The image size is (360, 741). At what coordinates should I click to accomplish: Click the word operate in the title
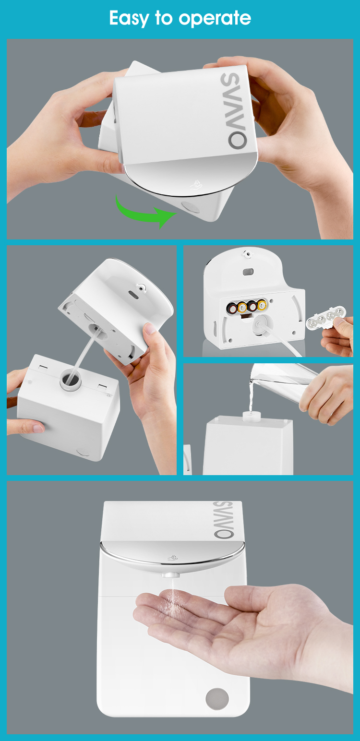(x=215, y=19)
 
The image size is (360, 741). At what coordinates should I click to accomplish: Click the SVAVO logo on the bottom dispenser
(x=223, y=520)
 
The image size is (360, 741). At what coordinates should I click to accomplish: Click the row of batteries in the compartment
(x=247, y=307)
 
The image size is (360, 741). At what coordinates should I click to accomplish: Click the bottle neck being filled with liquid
(x=251, y=416)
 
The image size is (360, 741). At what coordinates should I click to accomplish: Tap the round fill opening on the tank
(x=71, y=379)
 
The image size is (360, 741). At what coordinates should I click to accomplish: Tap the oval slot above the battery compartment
(x=248, y=272)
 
